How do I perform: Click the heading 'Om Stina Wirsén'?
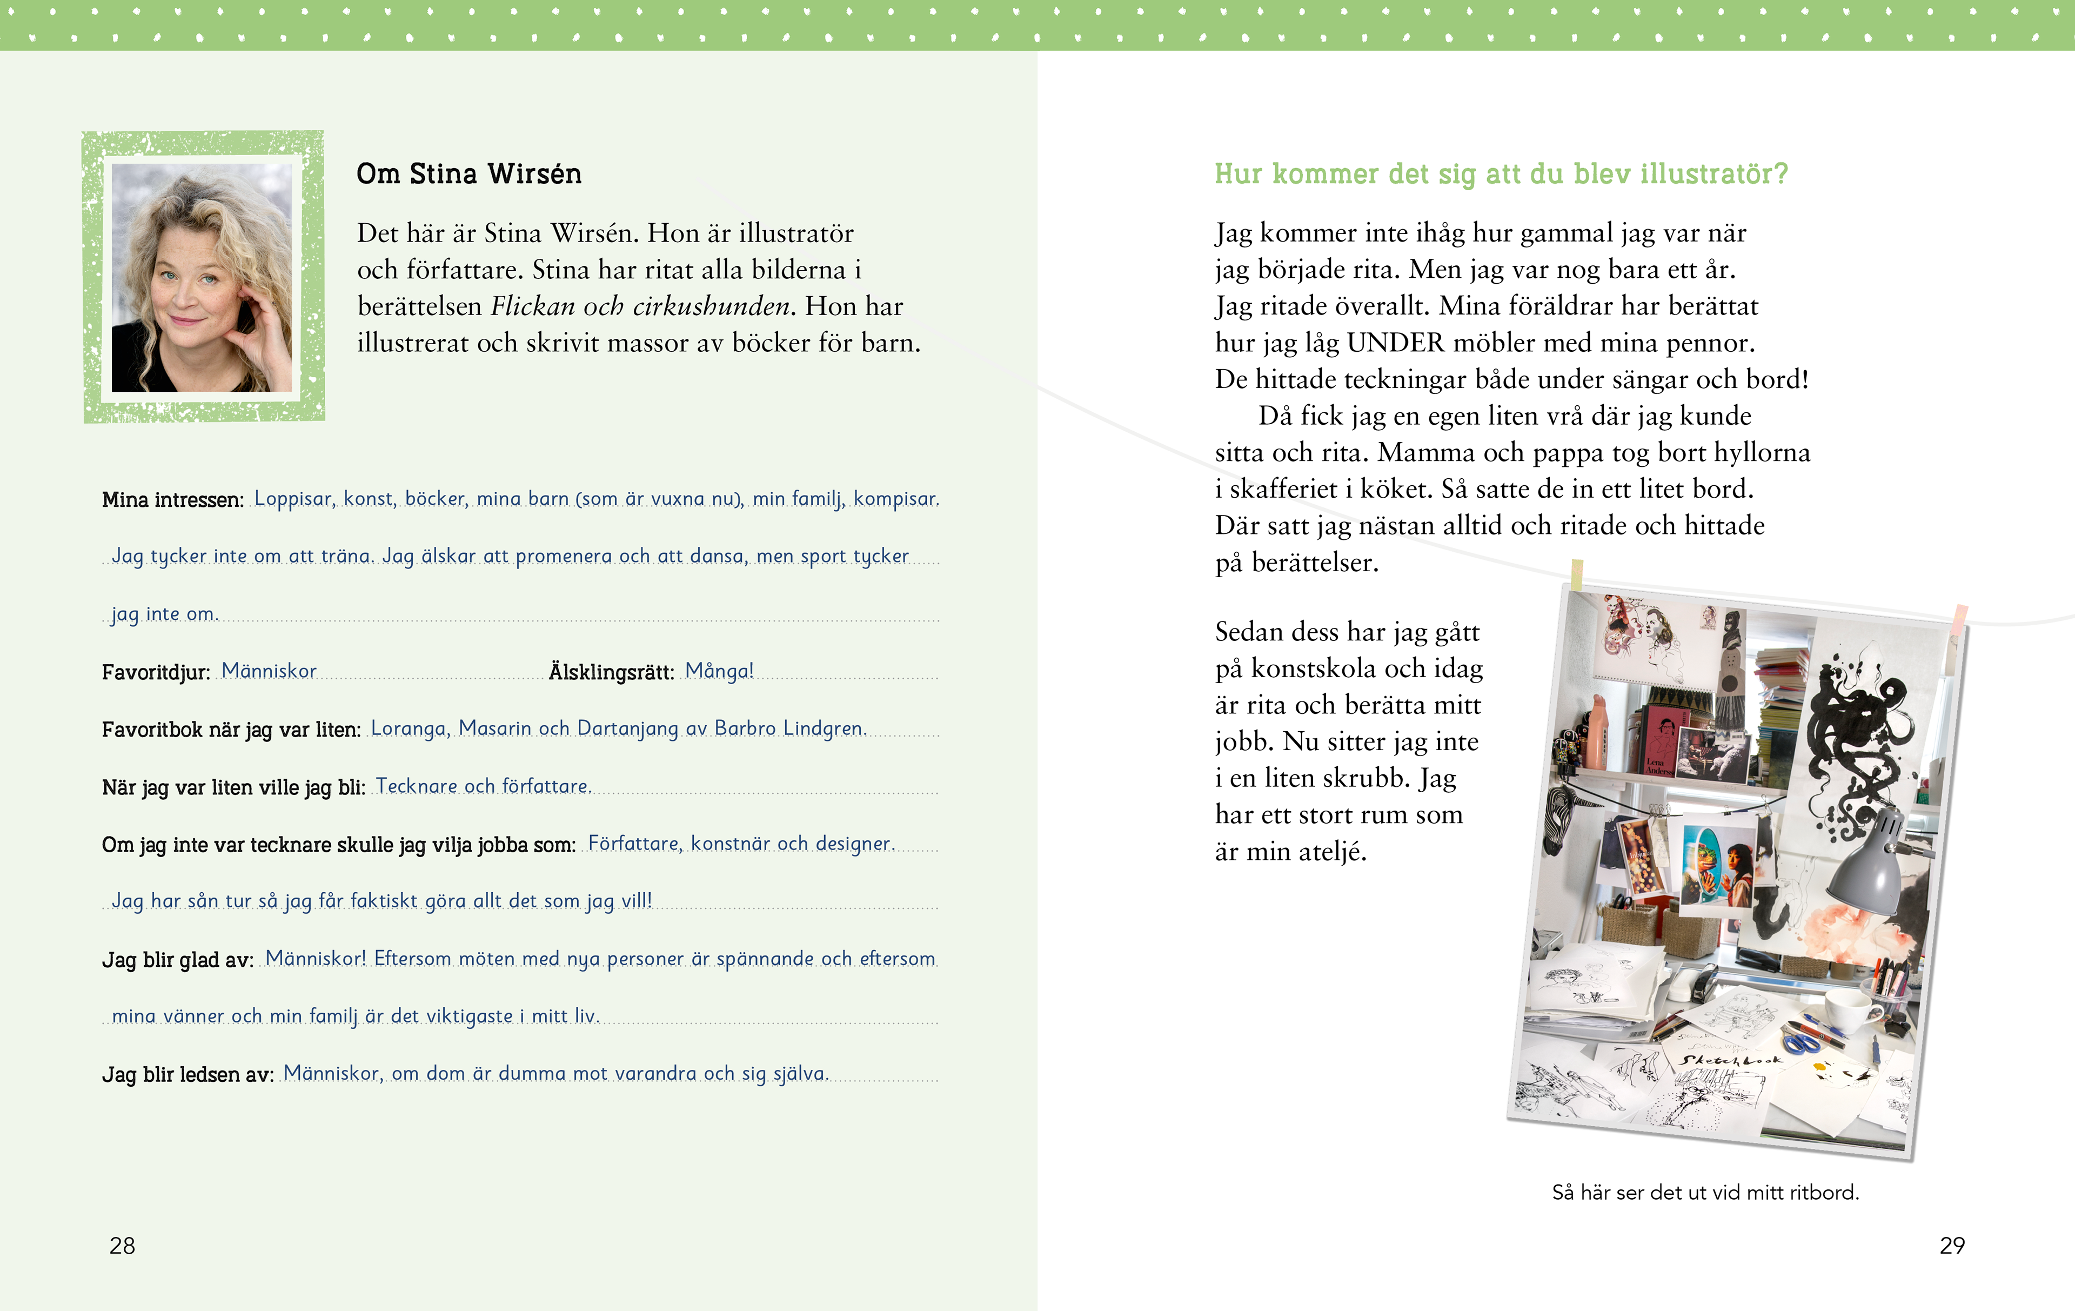click(x=469, y=174)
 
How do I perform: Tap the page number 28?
click(x=122, y=1246)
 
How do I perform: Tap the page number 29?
click(x=1952, y=1246)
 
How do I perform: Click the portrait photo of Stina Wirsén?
click(x=203, y=278)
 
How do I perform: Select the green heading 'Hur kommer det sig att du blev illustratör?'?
click(x=1501, y=174)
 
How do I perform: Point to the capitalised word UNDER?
click(x=1395, y=343)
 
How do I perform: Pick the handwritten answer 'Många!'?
click(x=720, y=671)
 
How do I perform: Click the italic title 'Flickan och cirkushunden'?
click(x=641, y=306)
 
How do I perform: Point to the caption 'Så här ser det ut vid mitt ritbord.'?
click(x=1705, y=1192)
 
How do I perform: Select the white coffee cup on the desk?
click(x=1849, y=1008)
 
